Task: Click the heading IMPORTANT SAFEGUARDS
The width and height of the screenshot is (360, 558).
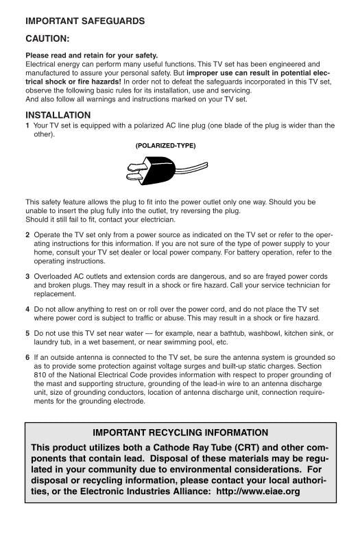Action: click(x=85, y=21)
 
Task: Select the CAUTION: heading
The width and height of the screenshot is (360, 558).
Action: click(x=47, y=39)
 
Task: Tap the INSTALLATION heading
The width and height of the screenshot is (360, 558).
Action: click(x=58, y=115)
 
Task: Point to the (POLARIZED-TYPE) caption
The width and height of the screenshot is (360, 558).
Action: click(x=165, y=146)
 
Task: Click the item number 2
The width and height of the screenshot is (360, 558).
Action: click(x=27, y=234)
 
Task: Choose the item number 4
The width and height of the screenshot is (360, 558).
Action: click(x=27, y=310)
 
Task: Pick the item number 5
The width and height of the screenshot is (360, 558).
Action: click(x=27, y=333)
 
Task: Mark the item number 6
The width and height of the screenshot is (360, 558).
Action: click(x=27, y=358)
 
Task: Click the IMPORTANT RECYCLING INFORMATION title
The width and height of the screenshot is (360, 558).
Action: click(x=180, y=433)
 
